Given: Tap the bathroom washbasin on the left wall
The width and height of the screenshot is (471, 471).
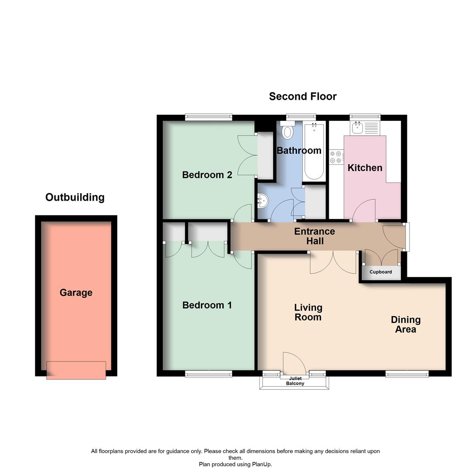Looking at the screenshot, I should pos(263,201).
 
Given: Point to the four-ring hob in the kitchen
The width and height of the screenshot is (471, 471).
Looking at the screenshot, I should pos(336,157).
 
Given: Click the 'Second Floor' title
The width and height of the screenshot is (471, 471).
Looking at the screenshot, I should pos(303,96).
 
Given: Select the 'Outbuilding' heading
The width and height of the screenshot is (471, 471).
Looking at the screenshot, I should pos(75,197).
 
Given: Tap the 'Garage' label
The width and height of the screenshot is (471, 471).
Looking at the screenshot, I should pos(76,293).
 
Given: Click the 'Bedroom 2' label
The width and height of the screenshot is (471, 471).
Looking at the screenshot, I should pos(207,175).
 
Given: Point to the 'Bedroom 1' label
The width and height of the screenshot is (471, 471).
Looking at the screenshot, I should pos(207,305).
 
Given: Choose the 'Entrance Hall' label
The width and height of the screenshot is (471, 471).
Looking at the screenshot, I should pos(314,236).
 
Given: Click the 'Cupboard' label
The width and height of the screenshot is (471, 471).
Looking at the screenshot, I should pos(381,272).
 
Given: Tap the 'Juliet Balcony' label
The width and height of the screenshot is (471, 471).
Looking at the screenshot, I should pos(295,381).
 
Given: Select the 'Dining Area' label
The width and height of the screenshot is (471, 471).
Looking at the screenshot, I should pos(406,324).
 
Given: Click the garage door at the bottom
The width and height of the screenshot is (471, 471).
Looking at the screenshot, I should pos(76,370).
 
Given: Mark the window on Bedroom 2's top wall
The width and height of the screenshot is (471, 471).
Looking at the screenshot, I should pos(208,116).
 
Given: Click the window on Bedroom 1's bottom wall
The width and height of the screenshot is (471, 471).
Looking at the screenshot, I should pos(208,374).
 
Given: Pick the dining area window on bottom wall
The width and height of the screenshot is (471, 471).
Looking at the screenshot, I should pos(407,374).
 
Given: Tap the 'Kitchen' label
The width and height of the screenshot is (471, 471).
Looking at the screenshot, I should pos(365,168).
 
